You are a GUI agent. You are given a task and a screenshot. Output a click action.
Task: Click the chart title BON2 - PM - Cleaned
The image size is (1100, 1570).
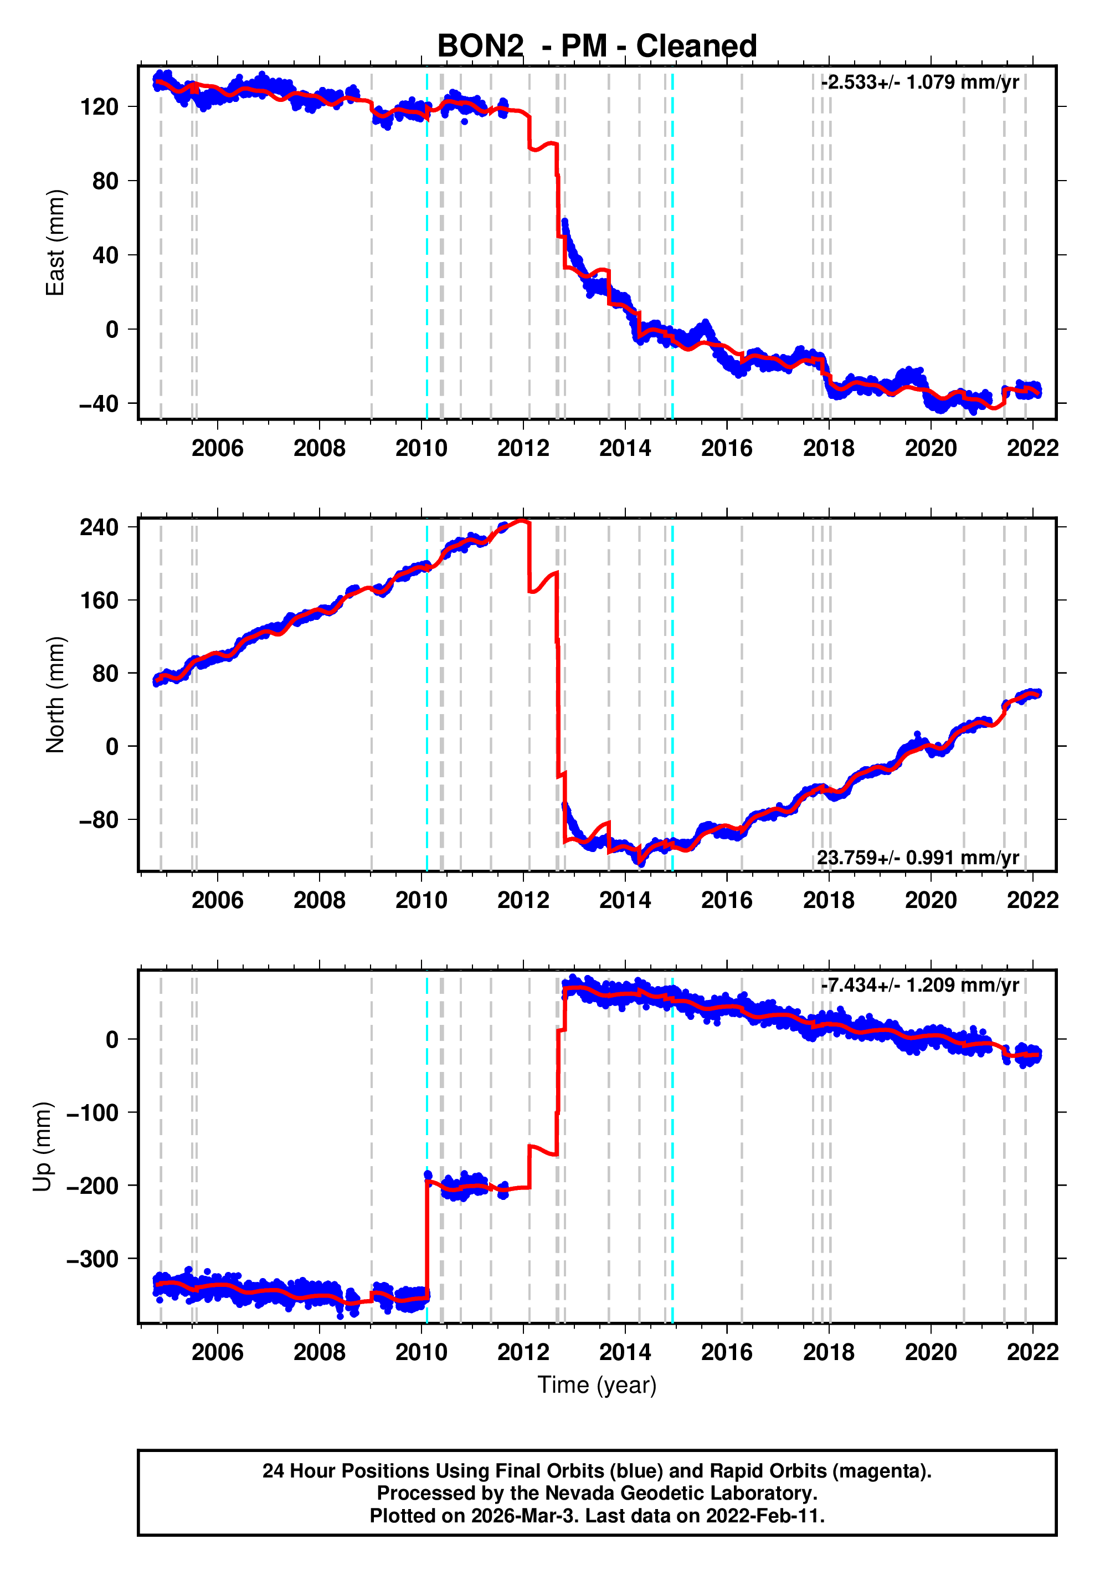click(597, 47)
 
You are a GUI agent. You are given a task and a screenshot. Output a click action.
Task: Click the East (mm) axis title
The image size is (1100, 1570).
click(55, 243)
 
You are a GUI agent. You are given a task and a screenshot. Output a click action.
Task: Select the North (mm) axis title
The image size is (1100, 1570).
click(55, 695)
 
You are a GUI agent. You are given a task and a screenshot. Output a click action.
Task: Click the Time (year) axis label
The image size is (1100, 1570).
click(597, 1384)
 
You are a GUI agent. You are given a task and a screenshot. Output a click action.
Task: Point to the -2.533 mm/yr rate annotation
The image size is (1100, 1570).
click(919, 83)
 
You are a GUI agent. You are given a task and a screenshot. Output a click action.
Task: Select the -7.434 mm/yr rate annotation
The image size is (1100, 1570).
click(919, 986)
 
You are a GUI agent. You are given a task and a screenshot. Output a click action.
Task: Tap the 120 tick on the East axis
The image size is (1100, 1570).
click(99, 107)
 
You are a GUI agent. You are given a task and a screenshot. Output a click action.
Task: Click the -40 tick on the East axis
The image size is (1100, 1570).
click(98, 403)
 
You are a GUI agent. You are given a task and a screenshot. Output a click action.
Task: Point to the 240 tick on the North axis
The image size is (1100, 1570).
click(99, 527)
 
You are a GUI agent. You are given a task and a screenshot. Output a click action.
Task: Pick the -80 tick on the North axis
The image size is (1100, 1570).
click(98, 819)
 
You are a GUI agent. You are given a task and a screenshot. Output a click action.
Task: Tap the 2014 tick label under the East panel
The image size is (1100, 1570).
click(625, 449)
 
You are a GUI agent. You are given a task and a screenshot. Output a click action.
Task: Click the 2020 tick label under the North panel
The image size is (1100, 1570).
click(931, 901)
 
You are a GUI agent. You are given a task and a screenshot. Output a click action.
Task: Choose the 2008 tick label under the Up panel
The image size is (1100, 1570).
click(319, 1352)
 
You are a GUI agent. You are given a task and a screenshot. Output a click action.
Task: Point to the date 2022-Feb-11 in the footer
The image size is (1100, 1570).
click(765, 1516)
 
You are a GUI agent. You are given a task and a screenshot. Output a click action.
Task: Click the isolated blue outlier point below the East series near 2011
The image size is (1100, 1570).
click(464, 122)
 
